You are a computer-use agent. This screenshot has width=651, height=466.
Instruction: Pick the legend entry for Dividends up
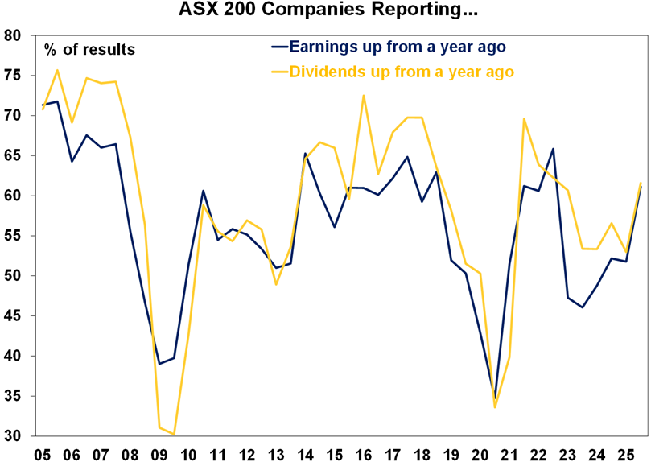click(401, 72)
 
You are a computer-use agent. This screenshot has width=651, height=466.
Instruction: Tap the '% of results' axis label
click(89, 50)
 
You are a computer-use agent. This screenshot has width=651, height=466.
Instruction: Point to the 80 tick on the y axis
click(13, 35)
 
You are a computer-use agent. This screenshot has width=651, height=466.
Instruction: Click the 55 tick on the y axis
click(13, 236)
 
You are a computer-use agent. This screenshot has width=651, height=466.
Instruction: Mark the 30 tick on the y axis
click(13, 436)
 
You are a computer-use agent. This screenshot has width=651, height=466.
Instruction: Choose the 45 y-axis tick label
click(13, 316)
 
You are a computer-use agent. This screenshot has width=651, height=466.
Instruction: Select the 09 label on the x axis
click(159, 454)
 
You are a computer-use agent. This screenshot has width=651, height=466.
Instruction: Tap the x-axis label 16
click(363, 454)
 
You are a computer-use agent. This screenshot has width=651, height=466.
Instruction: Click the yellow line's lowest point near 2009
click(174, 435)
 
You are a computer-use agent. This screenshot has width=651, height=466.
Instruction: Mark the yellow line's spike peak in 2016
click(364, 96)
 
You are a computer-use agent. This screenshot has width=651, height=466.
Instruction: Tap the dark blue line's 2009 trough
click(159, 364)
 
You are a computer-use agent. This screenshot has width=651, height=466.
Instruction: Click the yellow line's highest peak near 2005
click(57, 70)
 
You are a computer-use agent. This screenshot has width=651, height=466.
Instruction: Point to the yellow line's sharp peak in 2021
click(524, 119)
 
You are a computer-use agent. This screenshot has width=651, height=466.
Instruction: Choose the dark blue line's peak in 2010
click(204, 191)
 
